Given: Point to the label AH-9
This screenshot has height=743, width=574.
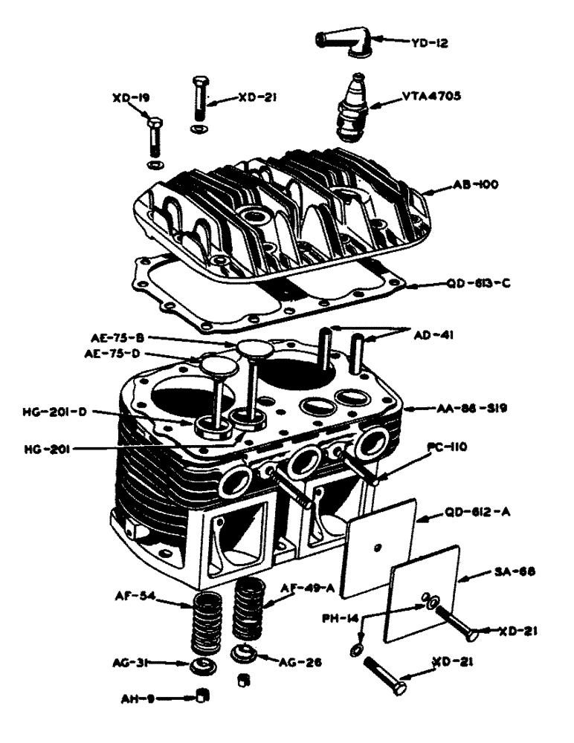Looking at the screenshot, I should coord(137,698).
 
